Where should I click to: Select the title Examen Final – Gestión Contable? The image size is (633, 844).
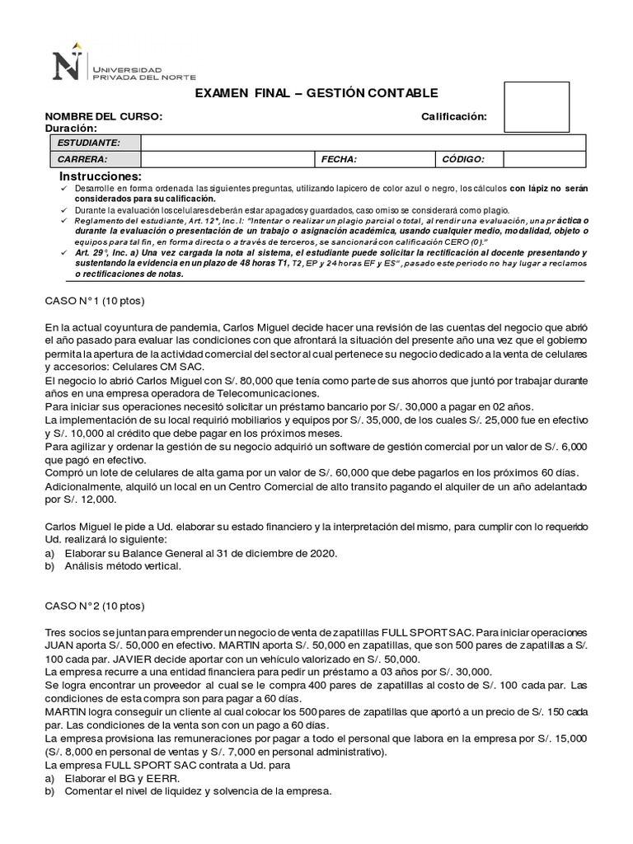[316, 93]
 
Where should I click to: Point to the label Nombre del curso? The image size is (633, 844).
[103, 117]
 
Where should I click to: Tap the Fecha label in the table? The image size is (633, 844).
[340, 159]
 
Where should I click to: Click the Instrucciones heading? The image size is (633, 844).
[101, 177]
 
